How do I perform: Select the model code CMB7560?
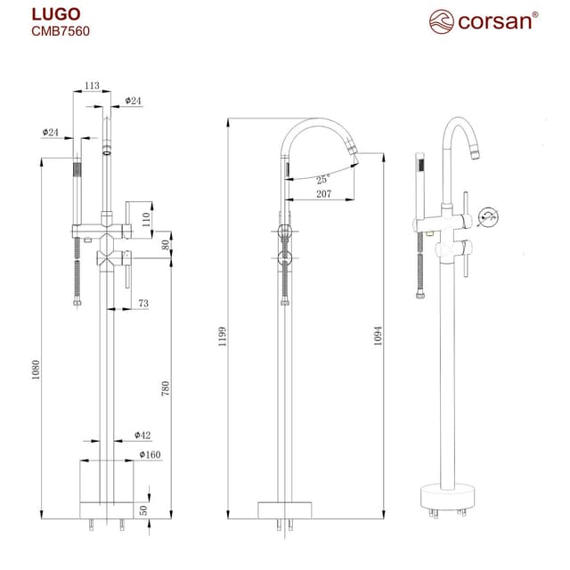click(61, 31)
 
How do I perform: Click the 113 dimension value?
click(91, 85)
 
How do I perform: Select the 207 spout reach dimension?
click(322, 194)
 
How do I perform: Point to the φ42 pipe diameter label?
click(142, 436)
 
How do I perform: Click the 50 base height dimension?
click(143, 509)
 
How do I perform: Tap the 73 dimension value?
click(143, 305)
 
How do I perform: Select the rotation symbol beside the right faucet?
click(487, 216)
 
